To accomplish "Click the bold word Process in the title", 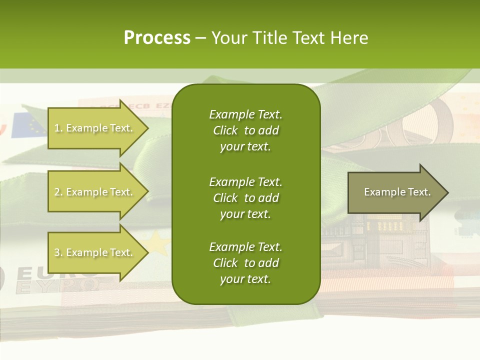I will tap(157, 38).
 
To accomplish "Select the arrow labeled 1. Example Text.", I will tap(93, 128).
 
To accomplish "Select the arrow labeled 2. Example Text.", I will tap(93, 192).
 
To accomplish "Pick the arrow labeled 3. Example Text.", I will tap(93, 252).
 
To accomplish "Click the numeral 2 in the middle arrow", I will tap(57, 192).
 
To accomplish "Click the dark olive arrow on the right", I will tap(392, 192).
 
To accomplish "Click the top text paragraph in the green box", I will tap(245, 130).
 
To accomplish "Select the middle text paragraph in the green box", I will tap(245, 197).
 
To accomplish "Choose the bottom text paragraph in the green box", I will tap(245, 263).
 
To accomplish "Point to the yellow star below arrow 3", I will tap(159, 243).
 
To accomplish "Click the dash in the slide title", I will tap(200, 38).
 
